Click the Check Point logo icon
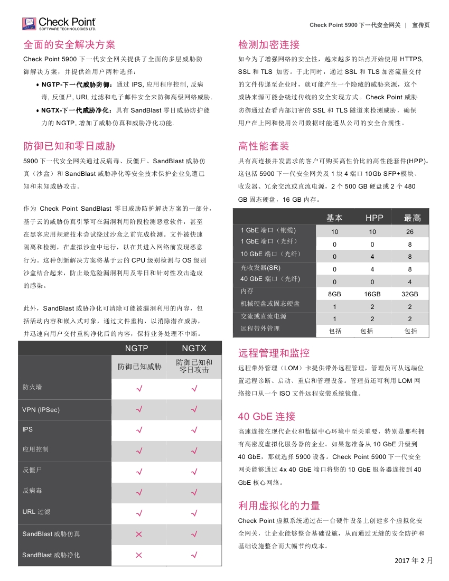click(29, 24)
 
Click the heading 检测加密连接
click(269, 44)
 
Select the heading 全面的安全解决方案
click(69, 44)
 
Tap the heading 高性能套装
click(264, 146)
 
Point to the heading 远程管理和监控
click(274, 353)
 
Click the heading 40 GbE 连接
click(267, 416)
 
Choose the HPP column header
click(375, 218)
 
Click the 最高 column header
click(413, 218)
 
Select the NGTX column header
click(194, 349)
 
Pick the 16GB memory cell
click(372, 294)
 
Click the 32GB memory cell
click(410, 294)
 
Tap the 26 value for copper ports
click(410, 232)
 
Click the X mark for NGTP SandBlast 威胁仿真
click(139, 534)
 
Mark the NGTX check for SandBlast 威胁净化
click(194, 555)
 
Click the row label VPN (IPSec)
click(41, 410)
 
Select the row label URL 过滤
click(36, 512)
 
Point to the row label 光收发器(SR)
click(260, 268)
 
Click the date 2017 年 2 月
click(414, 560)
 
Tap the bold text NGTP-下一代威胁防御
click(77, 84)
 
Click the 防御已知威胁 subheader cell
click(139, 366)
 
